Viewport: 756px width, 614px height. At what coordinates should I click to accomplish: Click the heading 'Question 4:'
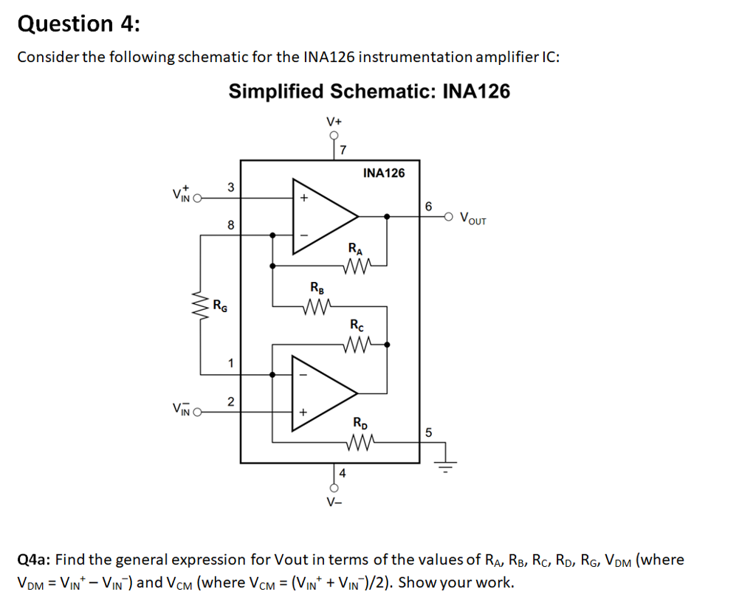coord(78,24)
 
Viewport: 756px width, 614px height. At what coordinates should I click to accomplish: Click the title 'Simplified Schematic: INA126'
coord(368,92)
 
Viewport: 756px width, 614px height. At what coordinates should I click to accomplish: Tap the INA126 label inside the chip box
coord(384,173)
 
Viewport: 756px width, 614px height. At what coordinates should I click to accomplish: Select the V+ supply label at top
coord(334,121)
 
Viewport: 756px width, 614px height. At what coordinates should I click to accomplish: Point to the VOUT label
coord(472,218)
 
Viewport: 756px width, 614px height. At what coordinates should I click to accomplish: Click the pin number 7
coord(344,151)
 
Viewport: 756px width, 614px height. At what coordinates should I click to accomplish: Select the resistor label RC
coord(357,325)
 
